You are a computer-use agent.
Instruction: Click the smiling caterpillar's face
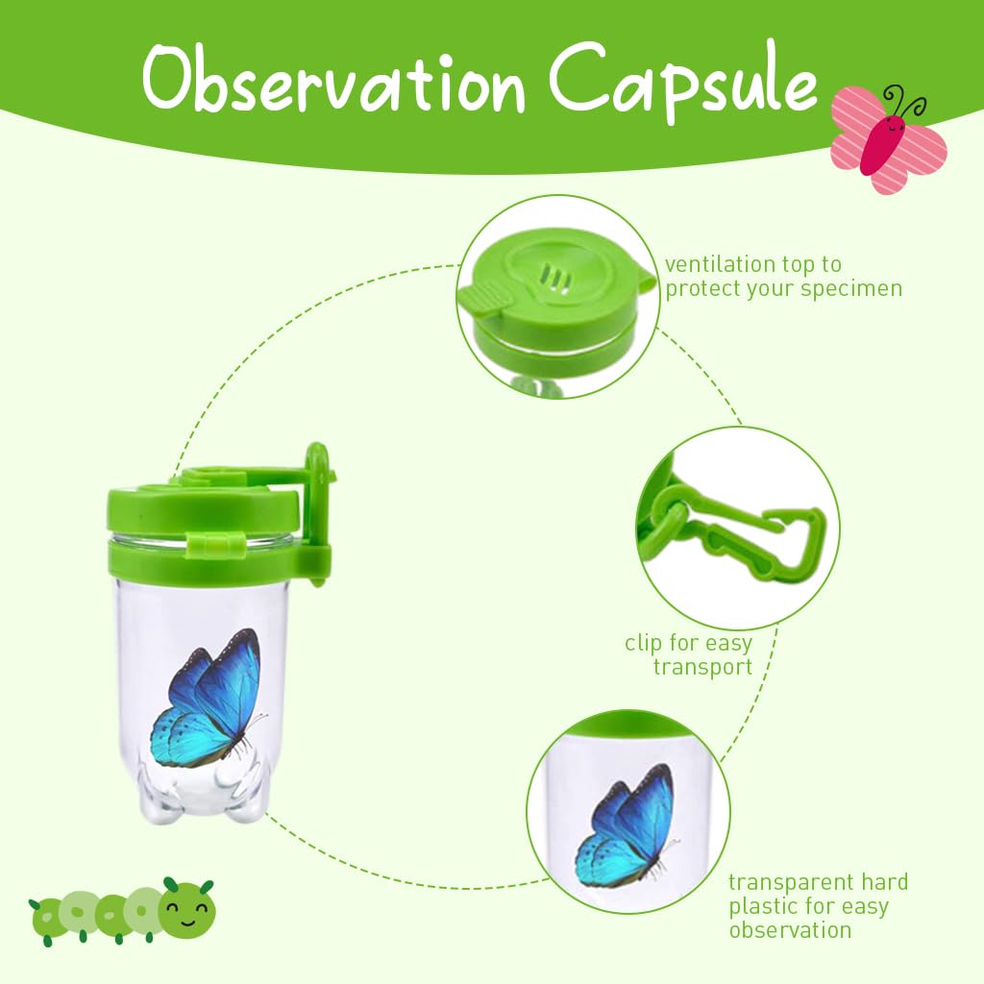click(186, 906)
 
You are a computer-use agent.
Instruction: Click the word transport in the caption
click(702, 667)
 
